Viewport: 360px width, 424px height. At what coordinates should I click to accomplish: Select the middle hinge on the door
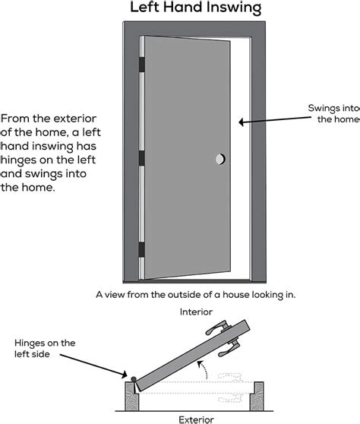click(141, 159)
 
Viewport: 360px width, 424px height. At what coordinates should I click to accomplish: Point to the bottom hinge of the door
click(141, 250)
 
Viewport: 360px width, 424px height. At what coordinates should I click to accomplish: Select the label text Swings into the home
click(334, 113)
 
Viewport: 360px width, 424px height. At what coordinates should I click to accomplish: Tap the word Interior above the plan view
click(195, 312)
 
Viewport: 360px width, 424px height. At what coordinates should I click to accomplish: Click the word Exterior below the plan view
click(195, 418)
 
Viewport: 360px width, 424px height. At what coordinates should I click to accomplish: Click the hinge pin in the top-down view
click(133, 379)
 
